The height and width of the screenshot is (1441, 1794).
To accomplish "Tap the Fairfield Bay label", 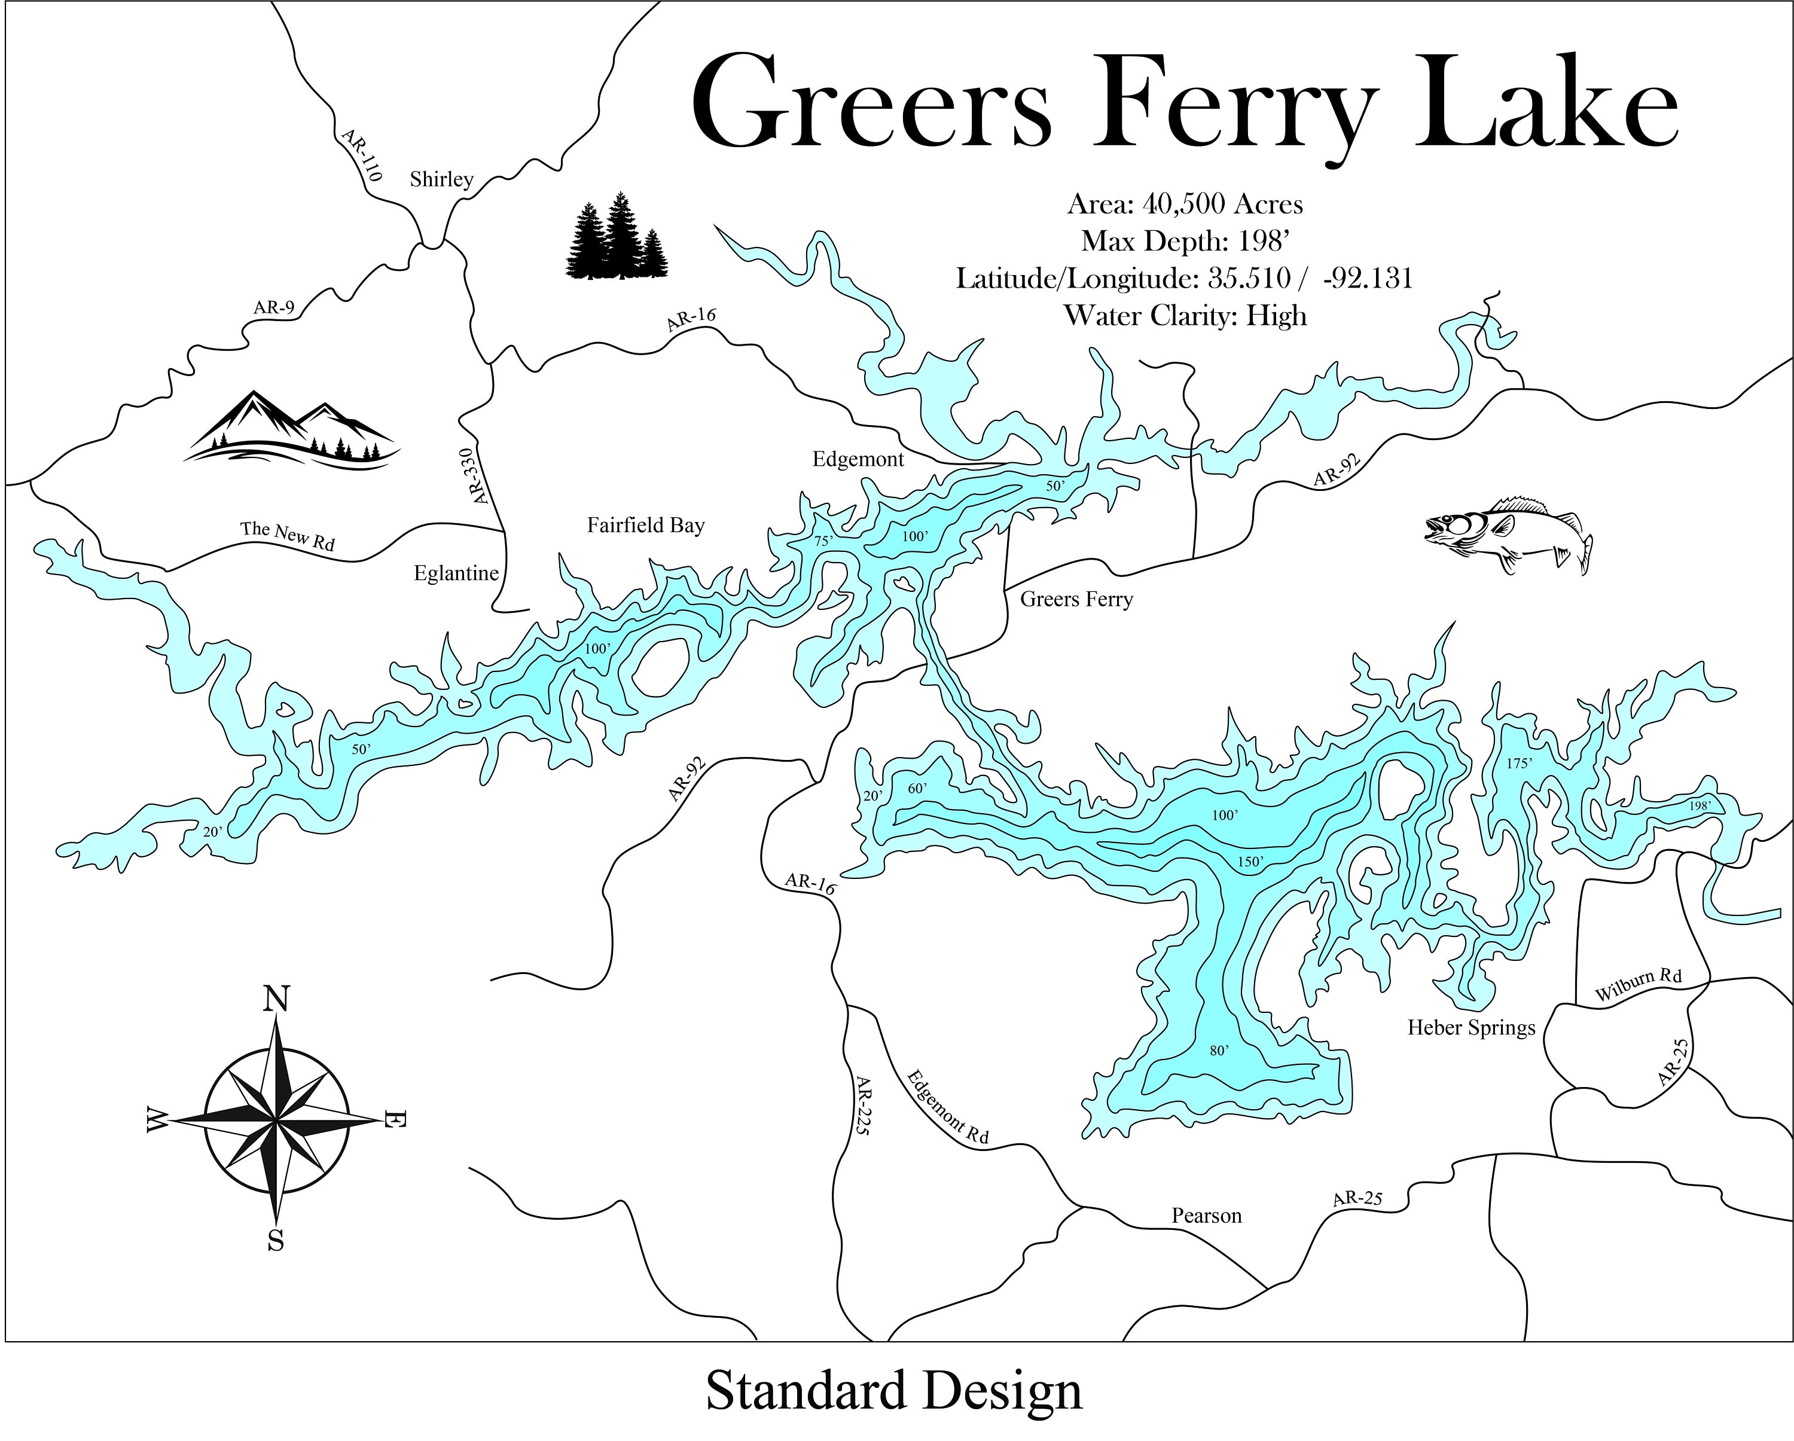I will coord(646,526).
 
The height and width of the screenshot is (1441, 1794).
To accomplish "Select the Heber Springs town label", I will coord(1471,1028).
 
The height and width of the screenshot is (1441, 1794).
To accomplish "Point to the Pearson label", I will coord(1207,1216).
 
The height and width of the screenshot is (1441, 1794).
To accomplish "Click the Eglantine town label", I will coord(456,573).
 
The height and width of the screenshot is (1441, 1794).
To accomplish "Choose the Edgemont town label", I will coord(858,459).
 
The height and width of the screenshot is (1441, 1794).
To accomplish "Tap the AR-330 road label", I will coord(472,477).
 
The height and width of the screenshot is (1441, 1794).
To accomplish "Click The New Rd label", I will coord(287,536).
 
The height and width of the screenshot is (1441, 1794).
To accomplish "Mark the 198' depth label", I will coord(1700,805).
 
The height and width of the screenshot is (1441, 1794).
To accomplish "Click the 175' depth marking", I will coord(1520,763).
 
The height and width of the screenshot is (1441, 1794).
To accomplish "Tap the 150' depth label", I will coord(1250,862).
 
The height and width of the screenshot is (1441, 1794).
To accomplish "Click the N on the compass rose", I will coord(276,999).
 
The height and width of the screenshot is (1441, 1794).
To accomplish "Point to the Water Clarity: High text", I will coord(1185,316).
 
